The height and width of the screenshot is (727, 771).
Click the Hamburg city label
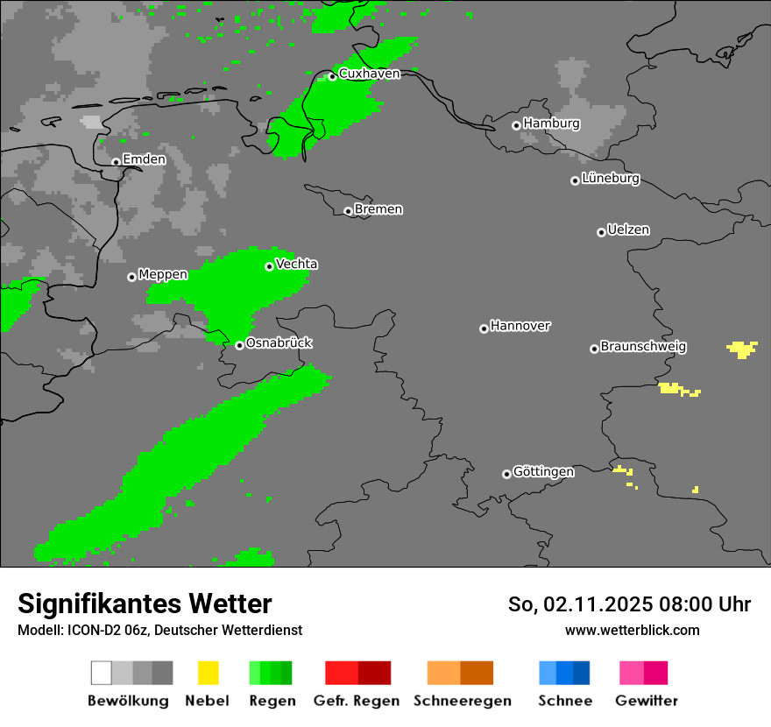[x=551, y=124]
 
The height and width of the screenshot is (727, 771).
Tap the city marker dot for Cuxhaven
[x=332, y=76]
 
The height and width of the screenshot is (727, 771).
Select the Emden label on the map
[x=144, y=159]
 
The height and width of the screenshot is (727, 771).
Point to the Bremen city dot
[x=348, y=211]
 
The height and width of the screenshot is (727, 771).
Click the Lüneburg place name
[x=610, y=179]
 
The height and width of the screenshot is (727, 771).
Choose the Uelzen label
[x=628, y=230]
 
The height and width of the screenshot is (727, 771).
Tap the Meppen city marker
[x=131, y=277]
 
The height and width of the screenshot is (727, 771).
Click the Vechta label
[x=296, y=265]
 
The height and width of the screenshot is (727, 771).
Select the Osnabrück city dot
[x=239, y=345]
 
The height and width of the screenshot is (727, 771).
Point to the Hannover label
[x=520, y=326]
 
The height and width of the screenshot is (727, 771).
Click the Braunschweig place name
[x=643, y=347]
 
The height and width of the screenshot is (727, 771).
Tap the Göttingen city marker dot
[x=506, y=474]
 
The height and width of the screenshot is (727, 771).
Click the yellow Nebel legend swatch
[x=208, y=673]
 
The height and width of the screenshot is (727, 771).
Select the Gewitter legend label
[x=646, y=701]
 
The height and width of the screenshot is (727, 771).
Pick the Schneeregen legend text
[x=462, y=701]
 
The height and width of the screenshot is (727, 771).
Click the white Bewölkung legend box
[x=101, y=673]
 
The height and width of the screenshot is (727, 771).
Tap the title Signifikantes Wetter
[x=145, y=603]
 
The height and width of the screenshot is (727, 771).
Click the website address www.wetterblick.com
[x=632, y=630]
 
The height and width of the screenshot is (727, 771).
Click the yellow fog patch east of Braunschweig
[x=743, y=349]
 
